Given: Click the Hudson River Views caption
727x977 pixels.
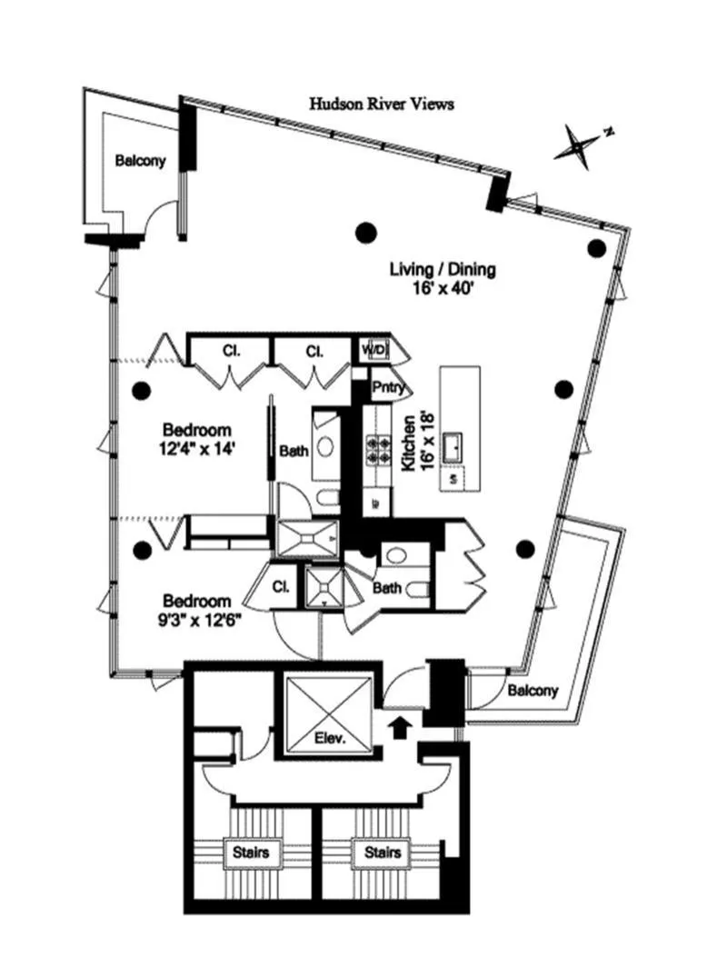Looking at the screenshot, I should pyautogui.click(x=381, y=105).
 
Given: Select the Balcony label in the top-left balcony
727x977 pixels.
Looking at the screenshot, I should pyautogui.click(x=140, y=161).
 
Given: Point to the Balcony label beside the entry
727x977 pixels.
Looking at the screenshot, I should pyautogui.click(x=533, y=690).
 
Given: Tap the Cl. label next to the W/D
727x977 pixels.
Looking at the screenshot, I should pyautogui.click(x=314, y=350).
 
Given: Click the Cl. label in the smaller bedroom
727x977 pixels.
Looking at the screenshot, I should pyautogui.click(x=281, y=587).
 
